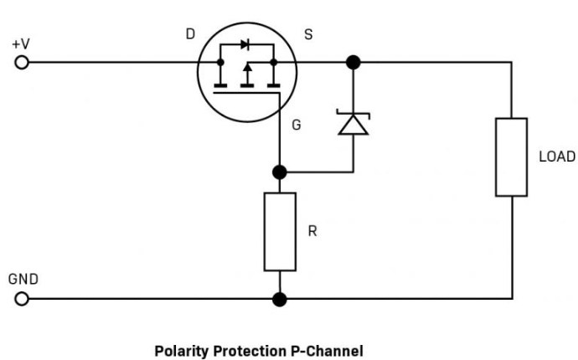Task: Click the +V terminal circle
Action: coord(23,63)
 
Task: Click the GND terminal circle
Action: coord(23,298)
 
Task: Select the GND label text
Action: coord(23,279)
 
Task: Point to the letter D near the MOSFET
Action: coord(190,34)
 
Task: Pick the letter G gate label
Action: coord(297,125)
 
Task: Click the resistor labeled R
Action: coord(280,231)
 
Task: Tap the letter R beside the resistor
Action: coord(312,231)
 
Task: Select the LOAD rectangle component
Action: coord(511,157)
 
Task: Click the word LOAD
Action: coord(556,157)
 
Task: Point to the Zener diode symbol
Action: coord(353,123)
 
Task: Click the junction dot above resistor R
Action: coord(280,172)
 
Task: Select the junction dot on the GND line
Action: coord(280,298)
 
